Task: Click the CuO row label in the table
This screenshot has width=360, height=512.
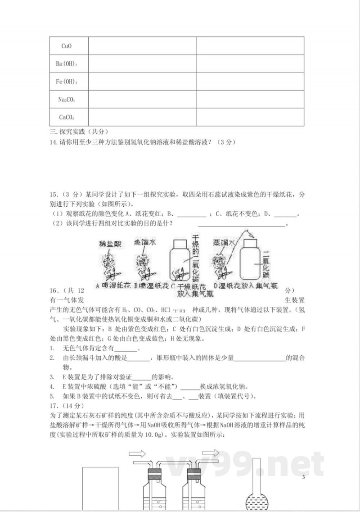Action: pos(66,46)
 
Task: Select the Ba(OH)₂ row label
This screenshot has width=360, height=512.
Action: pos(67,64)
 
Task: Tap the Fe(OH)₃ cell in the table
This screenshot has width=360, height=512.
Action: pos(67,82)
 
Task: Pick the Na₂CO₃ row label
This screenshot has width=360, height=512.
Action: pos(67,100)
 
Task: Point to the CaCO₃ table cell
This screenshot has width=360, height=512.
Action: pos(67,117)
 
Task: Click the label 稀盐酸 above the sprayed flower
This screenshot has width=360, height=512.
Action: pos(109,244)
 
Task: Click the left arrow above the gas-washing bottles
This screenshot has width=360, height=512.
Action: pos(137,453)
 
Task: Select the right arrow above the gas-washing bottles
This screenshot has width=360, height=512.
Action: pos(211,453)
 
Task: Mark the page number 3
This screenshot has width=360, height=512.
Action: pos(303,477)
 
